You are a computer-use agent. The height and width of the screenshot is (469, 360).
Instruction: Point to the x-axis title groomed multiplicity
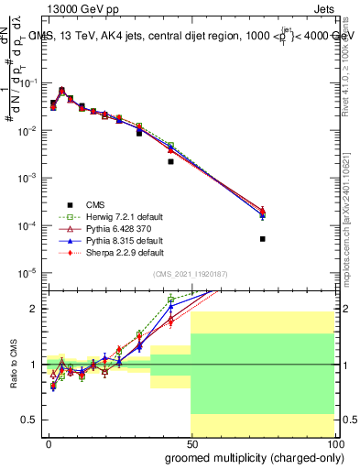pyautogui.click(x=251, y=456)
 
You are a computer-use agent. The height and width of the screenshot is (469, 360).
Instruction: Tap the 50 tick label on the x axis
pyautogui.click(x=191, y=442)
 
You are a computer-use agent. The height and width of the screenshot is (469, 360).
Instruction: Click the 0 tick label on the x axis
pyautogui.click(x=48, y=442)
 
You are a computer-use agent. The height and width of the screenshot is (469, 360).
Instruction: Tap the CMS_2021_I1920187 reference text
pyautogui.click(x=191, y=275)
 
